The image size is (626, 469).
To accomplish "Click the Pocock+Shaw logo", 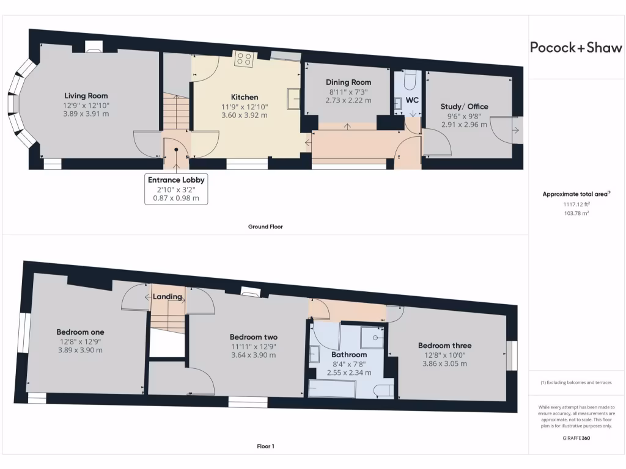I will click(576, 48).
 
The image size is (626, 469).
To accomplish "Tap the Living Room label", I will click(86, 96).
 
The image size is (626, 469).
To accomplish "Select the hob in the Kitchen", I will click(245, 59).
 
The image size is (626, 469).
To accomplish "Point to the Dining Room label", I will click(348, 82).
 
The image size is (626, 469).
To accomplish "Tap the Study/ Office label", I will click(465, 107).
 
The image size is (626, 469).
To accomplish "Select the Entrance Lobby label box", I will click(176, 189).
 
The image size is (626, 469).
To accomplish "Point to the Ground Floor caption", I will click(265, 227).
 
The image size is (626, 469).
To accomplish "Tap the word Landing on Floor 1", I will click(168, 297).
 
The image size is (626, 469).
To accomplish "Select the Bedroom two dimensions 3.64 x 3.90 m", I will click(254, 355).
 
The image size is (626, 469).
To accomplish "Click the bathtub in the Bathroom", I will click(332, 389).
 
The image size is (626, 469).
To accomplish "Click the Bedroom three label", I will click(444, 346).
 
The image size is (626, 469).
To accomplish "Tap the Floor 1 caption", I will click(265, 446).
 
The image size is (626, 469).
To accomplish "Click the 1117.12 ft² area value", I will click(576, 205).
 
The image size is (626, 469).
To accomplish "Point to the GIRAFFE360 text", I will click(576, 438).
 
